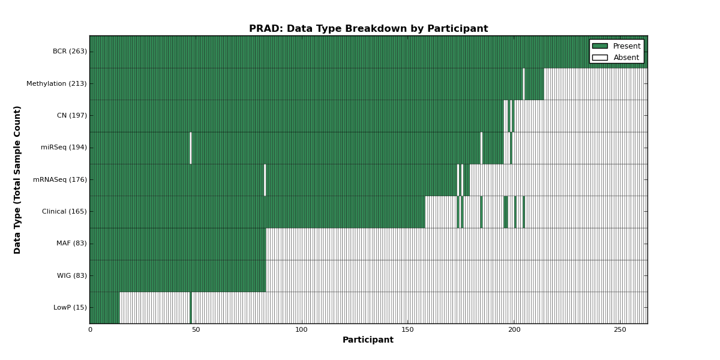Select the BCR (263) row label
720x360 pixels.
[x=70, y=52]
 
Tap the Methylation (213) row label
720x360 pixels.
[x=56, y=83]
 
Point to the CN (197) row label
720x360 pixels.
[x=72, y=115]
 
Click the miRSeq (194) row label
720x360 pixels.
[x=64, y=147]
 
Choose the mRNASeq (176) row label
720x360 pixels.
[x=60, y=179]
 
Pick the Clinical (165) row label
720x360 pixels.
[x=64, y=211]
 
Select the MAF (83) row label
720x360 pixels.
[x=71, y=244]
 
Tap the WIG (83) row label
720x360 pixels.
[x=72, y=275]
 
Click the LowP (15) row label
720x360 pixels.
[x=70, y=307]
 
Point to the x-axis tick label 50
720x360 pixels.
[x=196, y=330]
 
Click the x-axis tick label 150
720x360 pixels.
[x=407, y=330]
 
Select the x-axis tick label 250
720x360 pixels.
[x=620, y=330]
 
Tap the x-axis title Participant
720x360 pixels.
[x=368, y=340]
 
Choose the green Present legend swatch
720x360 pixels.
[x=600, y=46]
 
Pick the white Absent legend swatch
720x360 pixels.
[x=600, y=58]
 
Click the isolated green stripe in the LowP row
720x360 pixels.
[x=191, y=308]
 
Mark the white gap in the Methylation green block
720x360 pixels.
[x=524, y=84]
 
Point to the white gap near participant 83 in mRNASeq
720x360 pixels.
[x=265, y=180]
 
